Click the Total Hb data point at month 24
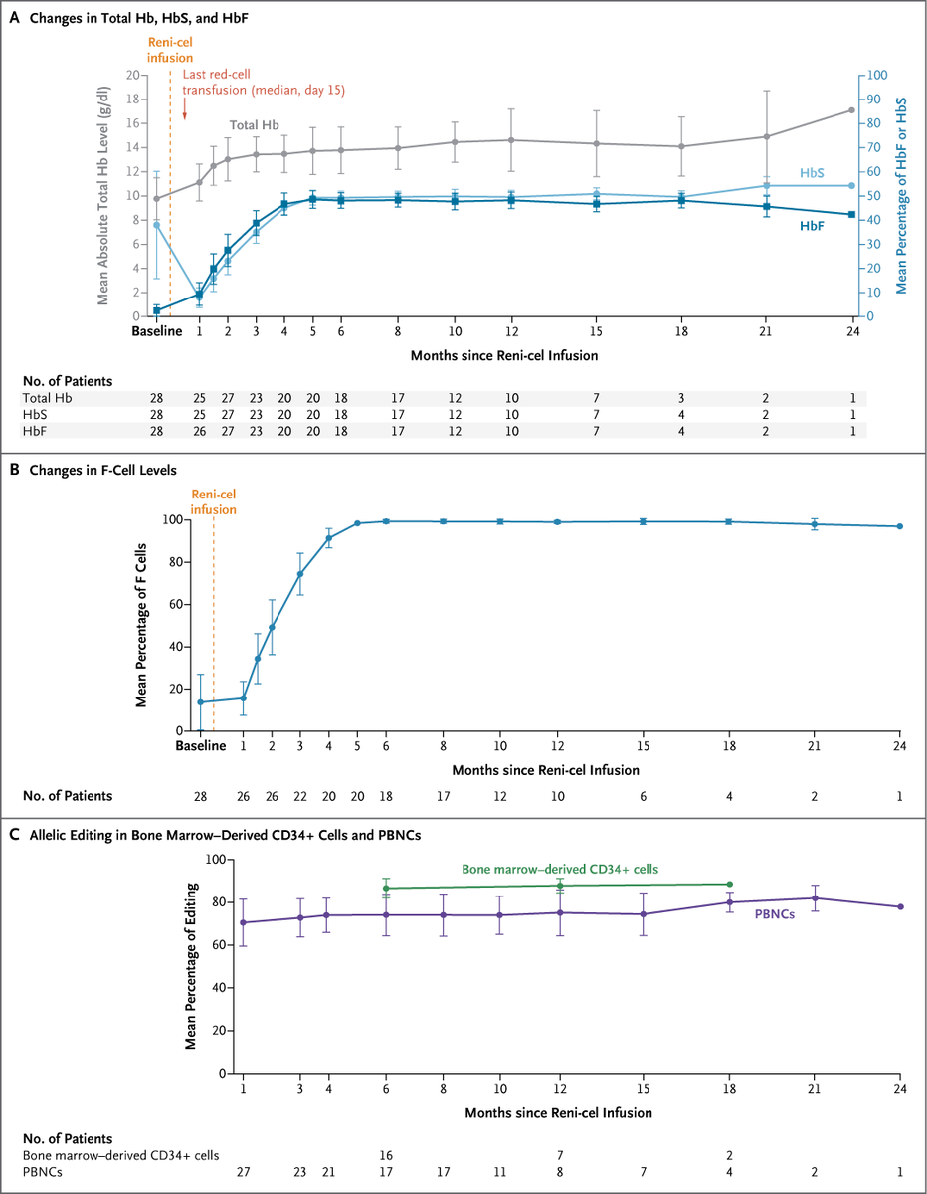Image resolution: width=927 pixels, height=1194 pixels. pos(851,110)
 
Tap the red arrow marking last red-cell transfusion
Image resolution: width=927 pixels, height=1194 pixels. pos(185,112)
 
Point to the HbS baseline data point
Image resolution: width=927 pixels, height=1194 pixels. pos(156,225)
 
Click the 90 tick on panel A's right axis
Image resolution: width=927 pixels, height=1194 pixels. pos(872,99)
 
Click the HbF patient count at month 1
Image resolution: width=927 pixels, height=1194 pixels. pos(199,430)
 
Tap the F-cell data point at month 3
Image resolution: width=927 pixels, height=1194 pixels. pos(300,574)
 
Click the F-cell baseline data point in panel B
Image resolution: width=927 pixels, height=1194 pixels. pos(200,702)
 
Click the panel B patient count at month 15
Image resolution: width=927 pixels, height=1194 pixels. pos(645,796)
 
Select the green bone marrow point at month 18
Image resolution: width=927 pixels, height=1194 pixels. pos(730,884)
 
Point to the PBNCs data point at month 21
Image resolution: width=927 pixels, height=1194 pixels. pos(816,898)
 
